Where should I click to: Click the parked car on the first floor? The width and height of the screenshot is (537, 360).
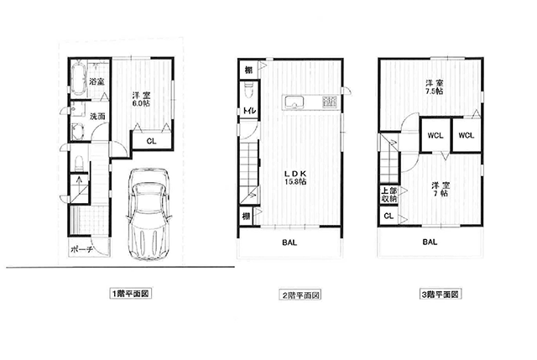[149, 214]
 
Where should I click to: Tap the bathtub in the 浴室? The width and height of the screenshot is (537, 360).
[78, 78]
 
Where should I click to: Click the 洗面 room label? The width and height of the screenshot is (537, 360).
[97, 117]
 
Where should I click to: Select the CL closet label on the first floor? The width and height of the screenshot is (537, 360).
[151, 141]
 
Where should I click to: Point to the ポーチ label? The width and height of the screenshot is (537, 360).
[81, 250]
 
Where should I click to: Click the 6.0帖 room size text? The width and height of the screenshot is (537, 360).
[142, 102]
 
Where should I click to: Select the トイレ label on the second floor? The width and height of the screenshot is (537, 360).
[249, 111]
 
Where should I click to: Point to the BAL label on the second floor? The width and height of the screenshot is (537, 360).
[289, 243]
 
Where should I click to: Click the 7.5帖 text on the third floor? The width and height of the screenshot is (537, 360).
[435, 91]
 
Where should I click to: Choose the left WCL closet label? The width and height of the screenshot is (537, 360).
[435, 136]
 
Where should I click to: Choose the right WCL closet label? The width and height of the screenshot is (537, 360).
[467, 136]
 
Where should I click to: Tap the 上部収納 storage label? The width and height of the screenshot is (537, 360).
[389, 195]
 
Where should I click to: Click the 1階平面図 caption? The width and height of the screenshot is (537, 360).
[131, 294]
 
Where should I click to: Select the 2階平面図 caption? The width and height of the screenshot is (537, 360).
[300, 295]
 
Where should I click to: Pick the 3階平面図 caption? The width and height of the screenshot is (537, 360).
[441, 295]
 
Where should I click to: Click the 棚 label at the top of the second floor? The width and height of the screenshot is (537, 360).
[248, 70]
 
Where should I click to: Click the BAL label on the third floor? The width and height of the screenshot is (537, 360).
[430, 242]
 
